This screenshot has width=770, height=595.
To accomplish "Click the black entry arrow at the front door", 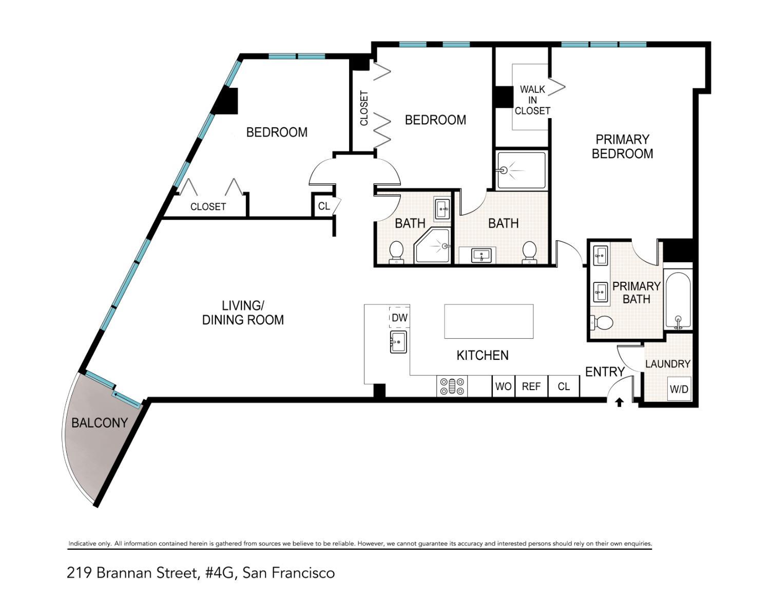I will (619, 402).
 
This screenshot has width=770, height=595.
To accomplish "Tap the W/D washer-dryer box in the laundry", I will (679, 389).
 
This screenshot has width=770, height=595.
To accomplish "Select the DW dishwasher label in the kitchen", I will (399, 318).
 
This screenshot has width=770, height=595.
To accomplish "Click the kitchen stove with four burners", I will (452, 386).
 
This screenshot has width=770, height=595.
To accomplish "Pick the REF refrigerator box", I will (531, 386).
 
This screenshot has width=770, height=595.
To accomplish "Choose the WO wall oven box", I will (503, 386).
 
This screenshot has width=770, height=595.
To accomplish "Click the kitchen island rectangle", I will (488, 321).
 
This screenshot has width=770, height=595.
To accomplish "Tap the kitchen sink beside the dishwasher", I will (398, 342).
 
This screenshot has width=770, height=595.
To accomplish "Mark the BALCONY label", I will (99, 423).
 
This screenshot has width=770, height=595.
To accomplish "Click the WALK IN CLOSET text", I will (532, 100).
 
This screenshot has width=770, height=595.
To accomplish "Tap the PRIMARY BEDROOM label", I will (622, 146).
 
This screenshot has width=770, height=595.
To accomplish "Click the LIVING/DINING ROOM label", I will (243, 313).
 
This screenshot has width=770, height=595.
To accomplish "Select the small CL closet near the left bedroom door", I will (323, 206).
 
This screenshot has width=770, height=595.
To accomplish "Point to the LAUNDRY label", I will (667, 364).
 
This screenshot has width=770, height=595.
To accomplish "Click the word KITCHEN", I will (483, 355).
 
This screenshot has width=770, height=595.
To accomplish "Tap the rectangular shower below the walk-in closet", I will (522, 170).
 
